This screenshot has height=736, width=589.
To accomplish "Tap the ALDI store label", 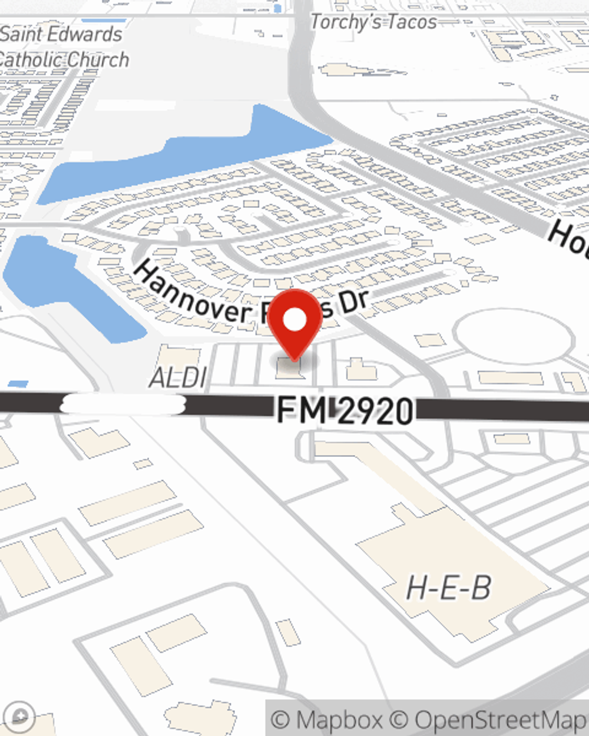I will [x=178, y=378].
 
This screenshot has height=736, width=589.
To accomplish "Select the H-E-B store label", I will [x=449, y=587].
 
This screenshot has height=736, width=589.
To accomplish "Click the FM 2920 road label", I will [x=345, y=410].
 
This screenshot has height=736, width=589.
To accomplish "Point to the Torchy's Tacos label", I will [x=373, y=22].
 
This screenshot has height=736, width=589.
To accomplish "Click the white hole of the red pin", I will [x=294, y=320].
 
